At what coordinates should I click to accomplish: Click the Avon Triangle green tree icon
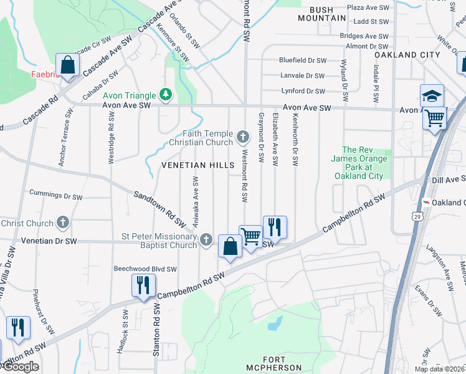[x=166, y=95]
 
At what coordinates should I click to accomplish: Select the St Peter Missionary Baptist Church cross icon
[x=206, y=239]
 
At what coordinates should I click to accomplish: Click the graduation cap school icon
[x=432, y=96]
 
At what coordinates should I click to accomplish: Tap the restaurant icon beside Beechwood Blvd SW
[x=143, y=285]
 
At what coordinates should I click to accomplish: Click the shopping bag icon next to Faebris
[x=67, y=65]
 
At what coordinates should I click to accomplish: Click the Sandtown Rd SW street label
[x=161, y=208]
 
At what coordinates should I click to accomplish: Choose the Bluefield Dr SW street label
[x=303, y=60]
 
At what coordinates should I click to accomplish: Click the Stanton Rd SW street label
[x=156, y=330]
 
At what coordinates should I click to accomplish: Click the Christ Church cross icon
[x=63, y=223]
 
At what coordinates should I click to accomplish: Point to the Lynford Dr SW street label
[x=304, y=91]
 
